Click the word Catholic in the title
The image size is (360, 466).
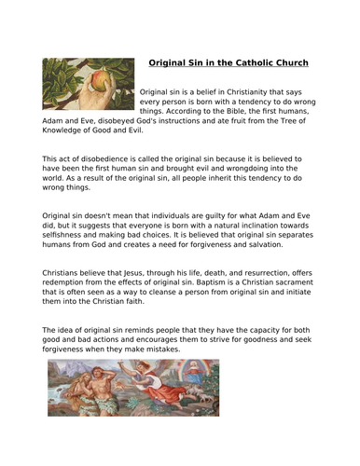(x=247, y=63)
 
